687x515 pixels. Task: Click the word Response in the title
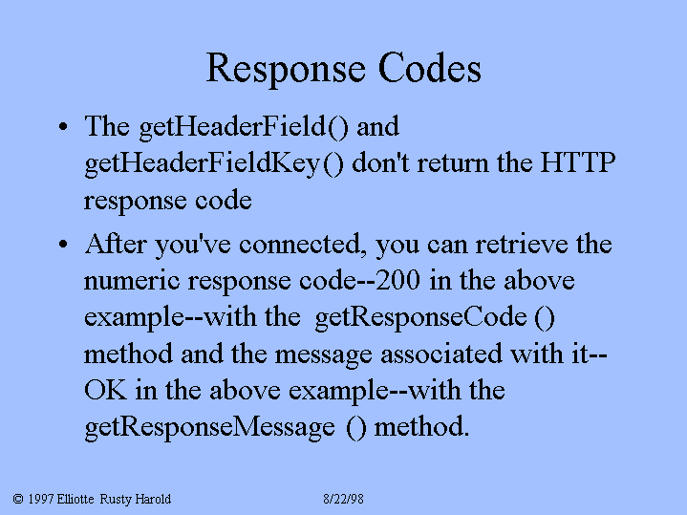point(286,69)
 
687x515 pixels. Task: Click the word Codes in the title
point(429,68)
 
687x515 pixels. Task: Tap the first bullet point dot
point(63,127)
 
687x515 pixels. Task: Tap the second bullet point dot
point(63,245)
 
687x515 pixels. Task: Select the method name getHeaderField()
point(244,127)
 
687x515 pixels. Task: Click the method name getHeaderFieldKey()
point(214,164)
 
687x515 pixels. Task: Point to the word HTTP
point(578,162)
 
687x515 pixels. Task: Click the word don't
point(380,162)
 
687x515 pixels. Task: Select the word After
point(116,244)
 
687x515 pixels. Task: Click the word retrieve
point(522,244)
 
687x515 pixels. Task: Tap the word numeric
point(132,281)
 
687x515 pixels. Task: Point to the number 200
point(397,280)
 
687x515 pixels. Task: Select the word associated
point(441,354)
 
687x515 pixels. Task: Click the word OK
point(105,390)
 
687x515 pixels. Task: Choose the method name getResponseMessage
point(209,427)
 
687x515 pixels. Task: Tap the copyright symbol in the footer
point(18,499)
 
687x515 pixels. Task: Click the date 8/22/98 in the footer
point(344,499)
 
